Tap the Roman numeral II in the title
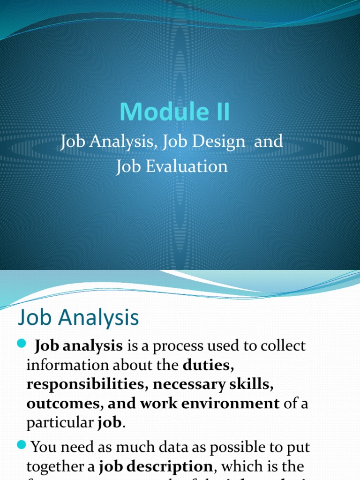(x=218, y=112)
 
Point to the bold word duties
(x=207, y=365)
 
